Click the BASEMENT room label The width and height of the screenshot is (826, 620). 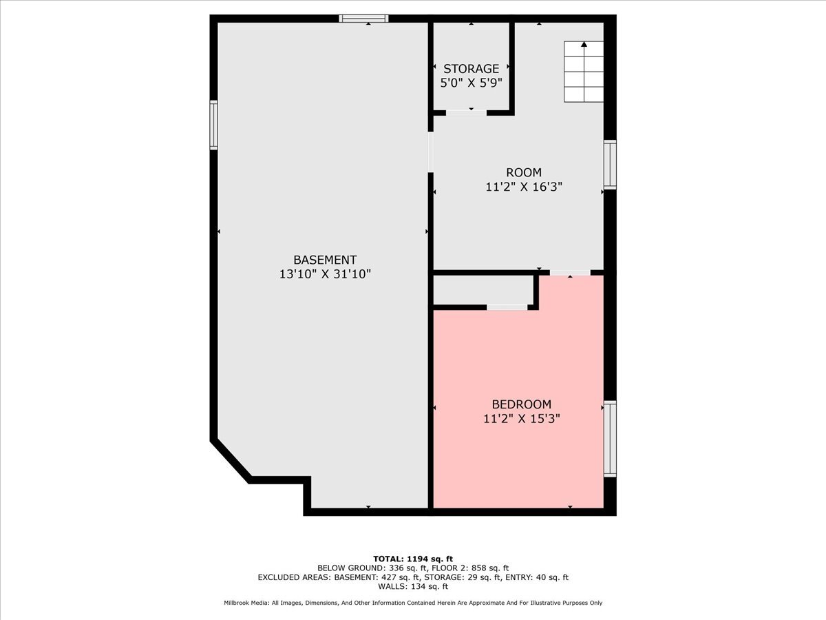(325, 260)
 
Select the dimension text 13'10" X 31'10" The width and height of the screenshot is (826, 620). (325, 273)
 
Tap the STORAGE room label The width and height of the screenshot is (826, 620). (471, 69)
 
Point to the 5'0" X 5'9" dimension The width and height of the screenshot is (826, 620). (471, 83)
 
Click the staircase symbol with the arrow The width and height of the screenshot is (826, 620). (584, 72)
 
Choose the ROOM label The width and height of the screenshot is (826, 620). (523, 172)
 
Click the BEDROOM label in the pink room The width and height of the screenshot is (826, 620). (521, 404)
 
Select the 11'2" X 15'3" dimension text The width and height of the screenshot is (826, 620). (521, 418)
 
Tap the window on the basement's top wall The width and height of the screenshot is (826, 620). (363, 19)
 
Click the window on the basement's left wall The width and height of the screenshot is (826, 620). (213, 125)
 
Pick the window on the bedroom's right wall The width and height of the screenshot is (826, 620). (610, 439)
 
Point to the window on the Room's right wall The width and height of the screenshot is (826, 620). (610, 164)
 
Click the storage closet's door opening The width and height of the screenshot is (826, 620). (465, 112)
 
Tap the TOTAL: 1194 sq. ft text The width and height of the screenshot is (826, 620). (412, 559)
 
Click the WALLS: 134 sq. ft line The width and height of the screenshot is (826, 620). (412, 587)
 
